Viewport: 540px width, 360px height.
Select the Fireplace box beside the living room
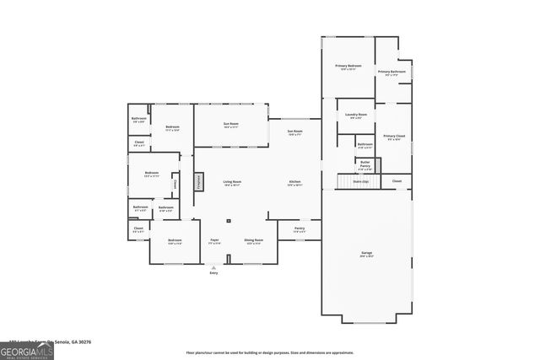click(x=200, y=182)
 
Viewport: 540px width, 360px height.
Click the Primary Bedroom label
click(x=347, y=67)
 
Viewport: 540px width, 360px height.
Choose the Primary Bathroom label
click(x=391, y=73)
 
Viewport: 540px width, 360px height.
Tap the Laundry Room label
click(x=355, y=116)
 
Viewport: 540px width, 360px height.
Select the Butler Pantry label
click(x=365, y=164)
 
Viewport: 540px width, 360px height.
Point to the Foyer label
click(x=214, y=241)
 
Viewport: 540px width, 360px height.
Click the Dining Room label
click(x=254, y=241)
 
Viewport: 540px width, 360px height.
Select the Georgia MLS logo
click(x=27, y=349)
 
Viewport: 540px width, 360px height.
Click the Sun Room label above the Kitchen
click(x=294, y=132)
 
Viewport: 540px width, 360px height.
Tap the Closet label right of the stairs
click(x=396, y=180)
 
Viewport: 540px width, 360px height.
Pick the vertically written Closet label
click(x=175, y=183)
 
